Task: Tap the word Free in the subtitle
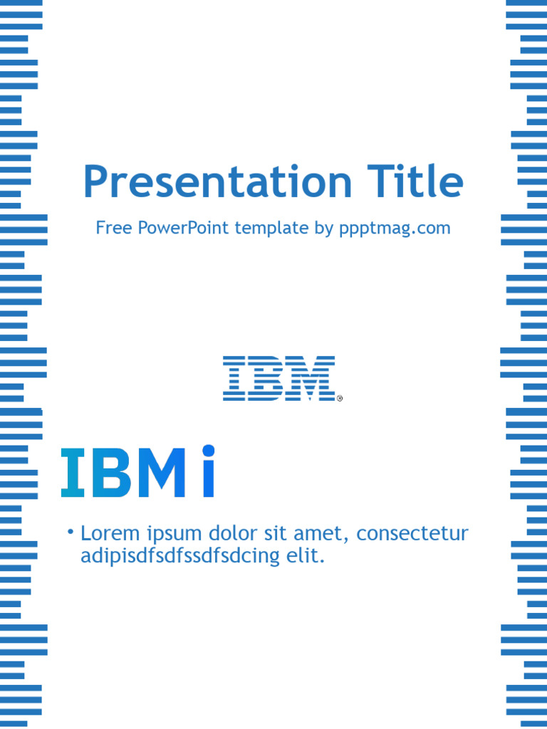click(113, 229)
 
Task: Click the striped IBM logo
click(278, 378)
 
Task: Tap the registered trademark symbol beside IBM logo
click(340, 399)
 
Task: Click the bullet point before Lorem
click(71, 533)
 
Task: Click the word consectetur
click(412, 533)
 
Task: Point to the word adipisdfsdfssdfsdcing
click(180, 557)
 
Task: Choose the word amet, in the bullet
click(325, 534)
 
